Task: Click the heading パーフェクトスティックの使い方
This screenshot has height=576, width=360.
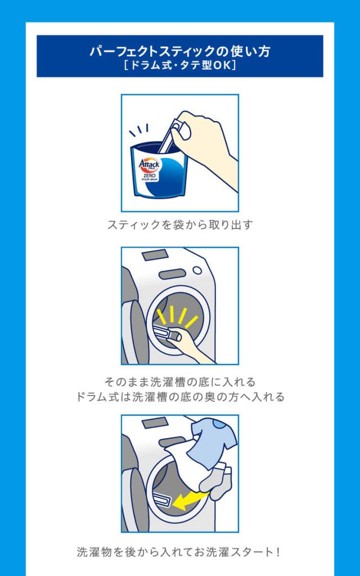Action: pyautogui.click(x=180, y=51)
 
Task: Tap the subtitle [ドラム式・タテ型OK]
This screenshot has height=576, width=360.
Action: pyautogui.click(x=180, y=65)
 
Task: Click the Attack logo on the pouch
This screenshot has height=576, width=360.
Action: pyautogui.click(x=149, y=164)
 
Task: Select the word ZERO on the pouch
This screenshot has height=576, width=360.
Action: pyautogui.click(x=150, y=175)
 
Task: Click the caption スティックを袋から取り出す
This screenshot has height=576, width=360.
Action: pyautogui.click(x=180, y=224)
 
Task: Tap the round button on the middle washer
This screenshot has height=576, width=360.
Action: pyautogui.click(x=197, y=271)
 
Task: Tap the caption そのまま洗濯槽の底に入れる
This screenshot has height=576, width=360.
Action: pyautogui.click(x=180, y=382)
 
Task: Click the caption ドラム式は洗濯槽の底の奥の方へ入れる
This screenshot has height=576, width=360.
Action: pyautogui.click(x=180, y=397)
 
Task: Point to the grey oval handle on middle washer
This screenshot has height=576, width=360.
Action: pyautogui.click(x=172, y=274)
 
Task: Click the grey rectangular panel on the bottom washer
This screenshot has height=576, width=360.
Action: pyautogui.click(x=155, y=423)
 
